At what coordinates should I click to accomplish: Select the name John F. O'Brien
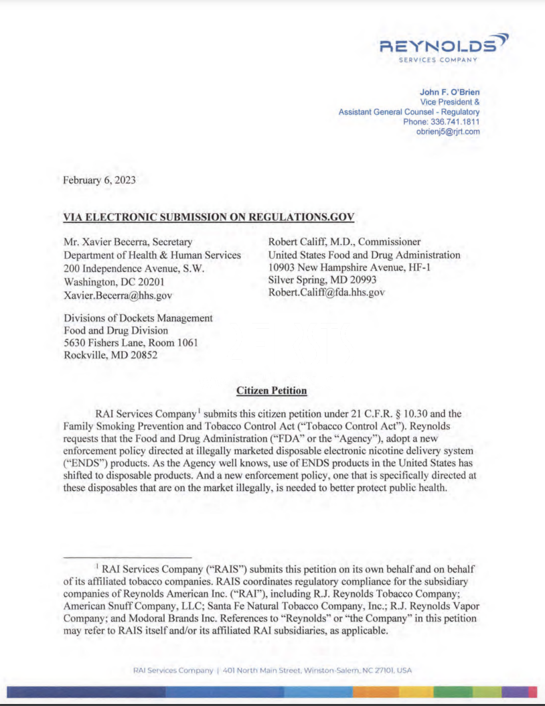click(x=449, y=92)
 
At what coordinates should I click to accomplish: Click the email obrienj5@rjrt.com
click(x=448, y=132)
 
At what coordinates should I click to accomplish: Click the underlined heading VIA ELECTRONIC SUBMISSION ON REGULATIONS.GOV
click(x=209, y=217)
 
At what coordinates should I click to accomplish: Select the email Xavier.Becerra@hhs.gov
click(x=118, y=295)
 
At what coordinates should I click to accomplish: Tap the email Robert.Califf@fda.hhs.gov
click(x=327, y=292)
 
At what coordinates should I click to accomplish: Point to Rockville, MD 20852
click(x=110, y=355)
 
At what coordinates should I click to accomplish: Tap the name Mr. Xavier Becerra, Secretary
click(x=127, y=242)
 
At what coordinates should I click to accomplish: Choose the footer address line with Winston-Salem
click(x=272, y=670)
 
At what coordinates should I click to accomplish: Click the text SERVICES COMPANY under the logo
click(x=438, y=60)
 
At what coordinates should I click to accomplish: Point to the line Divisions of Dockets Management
click(x=138, y=318)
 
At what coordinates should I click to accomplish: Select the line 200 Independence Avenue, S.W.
click(x=134, y=268)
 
